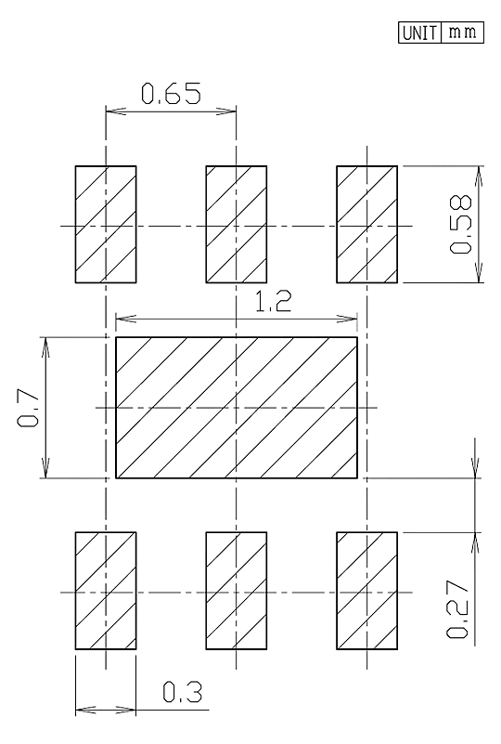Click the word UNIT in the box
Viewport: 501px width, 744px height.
coord(420,33)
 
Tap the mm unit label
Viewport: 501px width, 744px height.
coord(462,33)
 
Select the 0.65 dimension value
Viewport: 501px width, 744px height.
coord(171,93)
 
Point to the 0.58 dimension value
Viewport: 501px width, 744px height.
coord(461,225)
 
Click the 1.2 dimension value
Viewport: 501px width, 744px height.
coord(274,302)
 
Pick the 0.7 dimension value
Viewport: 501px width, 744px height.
coord(28,408)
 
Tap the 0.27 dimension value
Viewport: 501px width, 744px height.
coord(457,609)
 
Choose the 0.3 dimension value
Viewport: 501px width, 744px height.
coord(183,692)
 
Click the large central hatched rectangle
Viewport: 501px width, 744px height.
coord(237,408)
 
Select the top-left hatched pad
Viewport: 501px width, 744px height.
coord(106,225)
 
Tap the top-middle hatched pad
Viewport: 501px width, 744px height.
coord(236,225)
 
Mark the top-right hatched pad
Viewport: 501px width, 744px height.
coord(366,225)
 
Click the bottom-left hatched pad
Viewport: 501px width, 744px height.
coord(106,591)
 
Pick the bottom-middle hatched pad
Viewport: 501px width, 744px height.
coord(236,591)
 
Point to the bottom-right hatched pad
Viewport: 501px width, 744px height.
coord(366,591)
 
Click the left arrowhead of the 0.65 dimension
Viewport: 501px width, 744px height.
coord(115,111)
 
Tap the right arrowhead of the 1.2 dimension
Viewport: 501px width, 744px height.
coord(347,319)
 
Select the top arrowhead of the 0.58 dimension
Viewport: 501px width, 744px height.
coord(479,176)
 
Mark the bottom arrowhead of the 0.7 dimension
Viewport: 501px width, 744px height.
coord(45,468)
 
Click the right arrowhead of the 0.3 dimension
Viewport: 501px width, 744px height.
coord(126,711)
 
